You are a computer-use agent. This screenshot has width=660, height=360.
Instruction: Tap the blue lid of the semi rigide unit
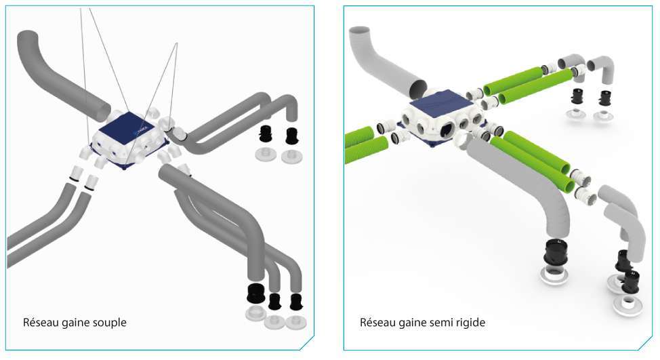[438, 103]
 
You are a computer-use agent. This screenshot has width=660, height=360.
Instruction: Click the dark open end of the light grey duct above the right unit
[418, 89]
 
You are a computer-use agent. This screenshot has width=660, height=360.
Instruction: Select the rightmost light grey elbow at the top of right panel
[602, 67]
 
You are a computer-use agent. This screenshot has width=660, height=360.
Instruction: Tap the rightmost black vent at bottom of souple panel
[296, 302]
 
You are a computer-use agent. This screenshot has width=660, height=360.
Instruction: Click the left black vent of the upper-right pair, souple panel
[266, 134]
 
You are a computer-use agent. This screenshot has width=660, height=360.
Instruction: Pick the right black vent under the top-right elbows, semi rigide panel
[606, 98]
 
